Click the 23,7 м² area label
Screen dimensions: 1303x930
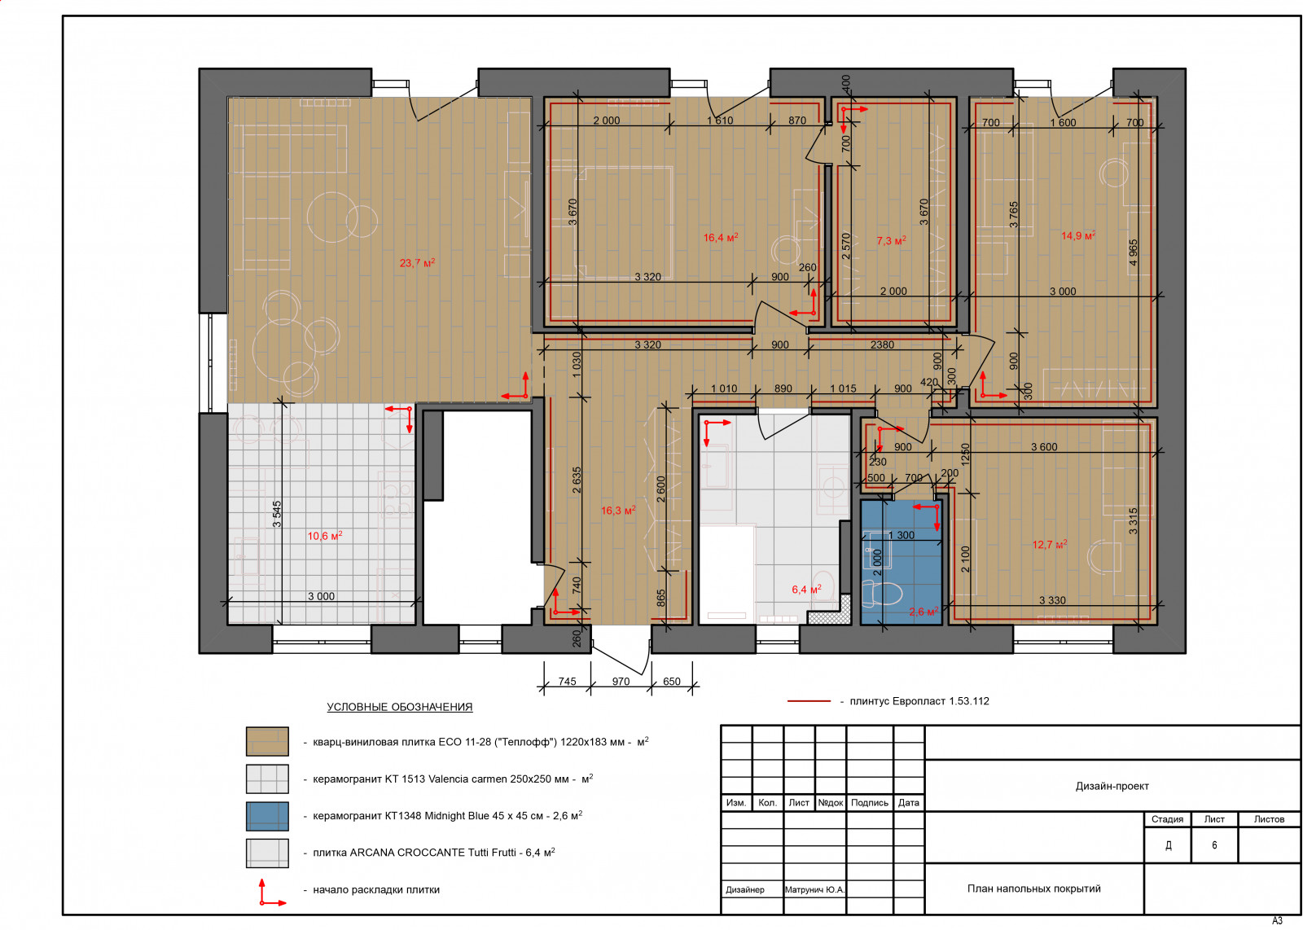[417, 263]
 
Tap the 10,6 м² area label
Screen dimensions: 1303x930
[325, 536]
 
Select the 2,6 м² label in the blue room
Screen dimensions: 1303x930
[924, 612]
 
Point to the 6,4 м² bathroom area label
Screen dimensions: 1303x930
[806, 589]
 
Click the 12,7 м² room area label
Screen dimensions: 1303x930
[1050, 544]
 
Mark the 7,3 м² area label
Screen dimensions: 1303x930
[891, 240]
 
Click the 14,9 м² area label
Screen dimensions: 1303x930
[1078, 235]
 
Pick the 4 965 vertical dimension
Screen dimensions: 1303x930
[1133, 252]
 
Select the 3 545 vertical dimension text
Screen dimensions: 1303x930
[277, 514]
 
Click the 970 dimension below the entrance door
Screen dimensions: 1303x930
[621, 681]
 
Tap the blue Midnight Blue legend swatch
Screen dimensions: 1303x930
[267, 816]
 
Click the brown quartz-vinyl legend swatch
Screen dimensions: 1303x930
[267, 741]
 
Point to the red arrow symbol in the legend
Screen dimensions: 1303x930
[271, 893]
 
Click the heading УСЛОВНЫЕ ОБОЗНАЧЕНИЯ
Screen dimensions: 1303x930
[400, 707]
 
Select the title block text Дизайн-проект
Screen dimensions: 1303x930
[1112, 786]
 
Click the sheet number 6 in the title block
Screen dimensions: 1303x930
[1214, 845]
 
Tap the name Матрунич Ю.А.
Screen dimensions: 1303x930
[814, 889]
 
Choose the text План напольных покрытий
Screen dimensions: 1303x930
[1033, 888]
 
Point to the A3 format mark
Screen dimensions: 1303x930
[1277, 921]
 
